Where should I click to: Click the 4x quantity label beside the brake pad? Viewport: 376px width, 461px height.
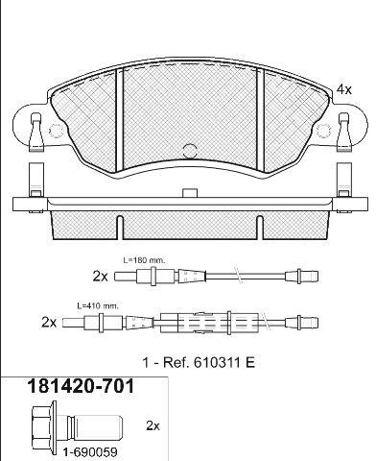point(343,89)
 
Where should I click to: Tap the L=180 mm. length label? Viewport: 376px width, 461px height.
point(145,260)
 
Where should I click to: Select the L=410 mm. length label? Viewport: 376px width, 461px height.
point(98,305)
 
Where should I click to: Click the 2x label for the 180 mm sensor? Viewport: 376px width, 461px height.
point(100,276)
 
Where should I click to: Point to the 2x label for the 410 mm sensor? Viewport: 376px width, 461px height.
point(49,323)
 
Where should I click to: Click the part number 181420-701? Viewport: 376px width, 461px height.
point(81,386)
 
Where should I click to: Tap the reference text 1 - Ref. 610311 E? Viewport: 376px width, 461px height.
point(199,363)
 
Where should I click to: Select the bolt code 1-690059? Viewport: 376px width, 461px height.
point(90,452)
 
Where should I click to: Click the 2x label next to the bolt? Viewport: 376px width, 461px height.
point(153,425)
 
